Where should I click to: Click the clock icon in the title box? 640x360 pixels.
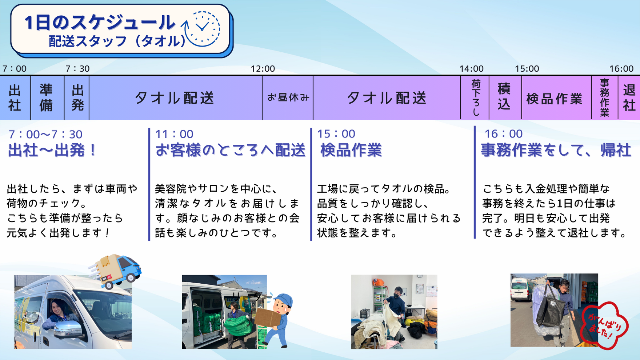[x=202, y=29]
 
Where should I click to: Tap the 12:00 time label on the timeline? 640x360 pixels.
[x=263, y=69]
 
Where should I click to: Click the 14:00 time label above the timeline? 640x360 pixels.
[x=471, y=69]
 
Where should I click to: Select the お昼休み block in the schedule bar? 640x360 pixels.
[x=288, y=97]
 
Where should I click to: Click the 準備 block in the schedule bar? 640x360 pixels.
[x=47, y=97]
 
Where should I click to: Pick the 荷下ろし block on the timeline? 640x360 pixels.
[x=475, y=97]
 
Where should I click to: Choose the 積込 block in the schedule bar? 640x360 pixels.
[x=505, y=97]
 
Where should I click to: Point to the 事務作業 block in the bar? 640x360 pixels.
[x=604, y=97]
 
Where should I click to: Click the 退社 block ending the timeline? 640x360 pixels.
[x=629, y=97]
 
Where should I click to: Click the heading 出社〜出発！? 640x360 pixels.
[x=52, y=150]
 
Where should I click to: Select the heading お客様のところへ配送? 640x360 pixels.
[x=230, y=150]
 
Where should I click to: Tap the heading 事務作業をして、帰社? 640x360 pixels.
[x=556, y=150]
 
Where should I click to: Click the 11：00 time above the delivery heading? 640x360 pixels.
[x=174, y=134]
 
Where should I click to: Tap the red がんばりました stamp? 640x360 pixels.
[x=604, y=326]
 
